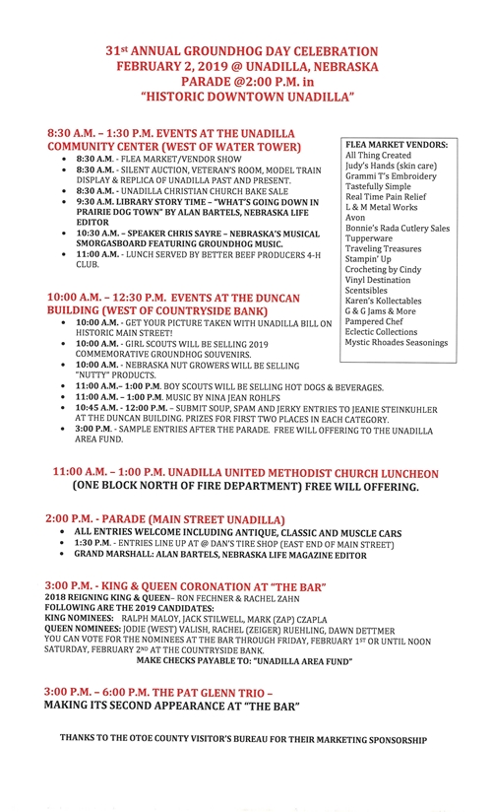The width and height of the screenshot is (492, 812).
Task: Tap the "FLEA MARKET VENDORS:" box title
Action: pyautogui.click(x=396, y=145)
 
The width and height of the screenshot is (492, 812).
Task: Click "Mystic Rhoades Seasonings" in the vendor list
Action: pyautogui.click(x=397, y=343)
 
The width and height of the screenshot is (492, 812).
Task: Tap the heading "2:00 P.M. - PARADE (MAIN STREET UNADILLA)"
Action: pyautogui.click(x=165, y=518)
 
